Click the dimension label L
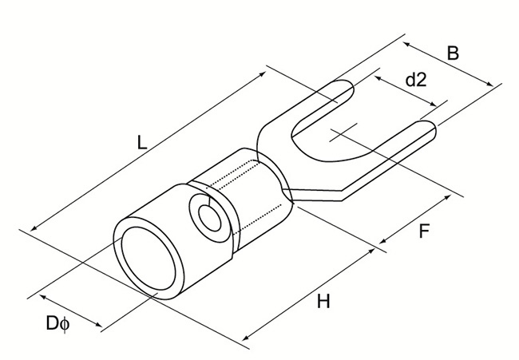click(x=141, y=142)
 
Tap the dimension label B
click(x=454, y=53)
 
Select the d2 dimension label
click(x=416, y=79)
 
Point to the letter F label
click(x=424, y=231)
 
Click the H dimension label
click(x=323, y=302)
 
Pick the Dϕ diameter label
click(x=58, y=323)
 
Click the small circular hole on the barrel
click(x=210, y=218)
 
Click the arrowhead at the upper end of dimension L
click(x=263, y=73)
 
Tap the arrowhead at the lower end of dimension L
click(x=34, y=228)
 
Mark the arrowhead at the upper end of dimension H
click(x=371, y=251)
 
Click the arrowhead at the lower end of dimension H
click(x=245, y=338)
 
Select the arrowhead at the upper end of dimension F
click(x=447, y=197)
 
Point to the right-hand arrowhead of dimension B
click(x=489, y=84)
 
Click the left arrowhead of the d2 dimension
click(x=378, y=77)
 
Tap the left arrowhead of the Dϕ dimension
click(x=43, y=296)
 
